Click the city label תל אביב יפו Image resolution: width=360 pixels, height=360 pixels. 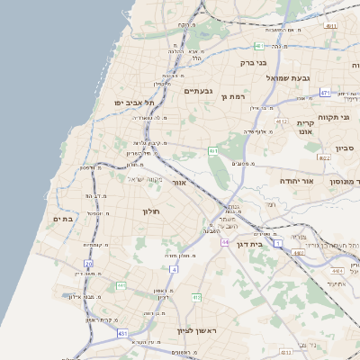tap(130, 103)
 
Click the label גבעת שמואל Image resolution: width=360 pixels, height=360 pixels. tap(289, 78)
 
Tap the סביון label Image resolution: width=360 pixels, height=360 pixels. tap(345, 148)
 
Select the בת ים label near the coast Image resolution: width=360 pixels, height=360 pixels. tap(62, 219)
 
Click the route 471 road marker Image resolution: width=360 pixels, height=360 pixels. tap(325, 92)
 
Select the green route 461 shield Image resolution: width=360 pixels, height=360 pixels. tap(213, 151)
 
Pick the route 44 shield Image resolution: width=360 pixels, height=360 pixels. tap(225, 242)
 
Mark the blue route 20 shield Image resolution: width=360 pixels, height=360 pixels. tap(88, 264)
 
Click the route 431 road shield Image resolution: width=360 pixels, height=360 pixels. tap(122, 333)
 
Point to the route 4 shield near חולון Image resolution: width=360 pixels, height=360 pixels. tap(172, 268)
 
